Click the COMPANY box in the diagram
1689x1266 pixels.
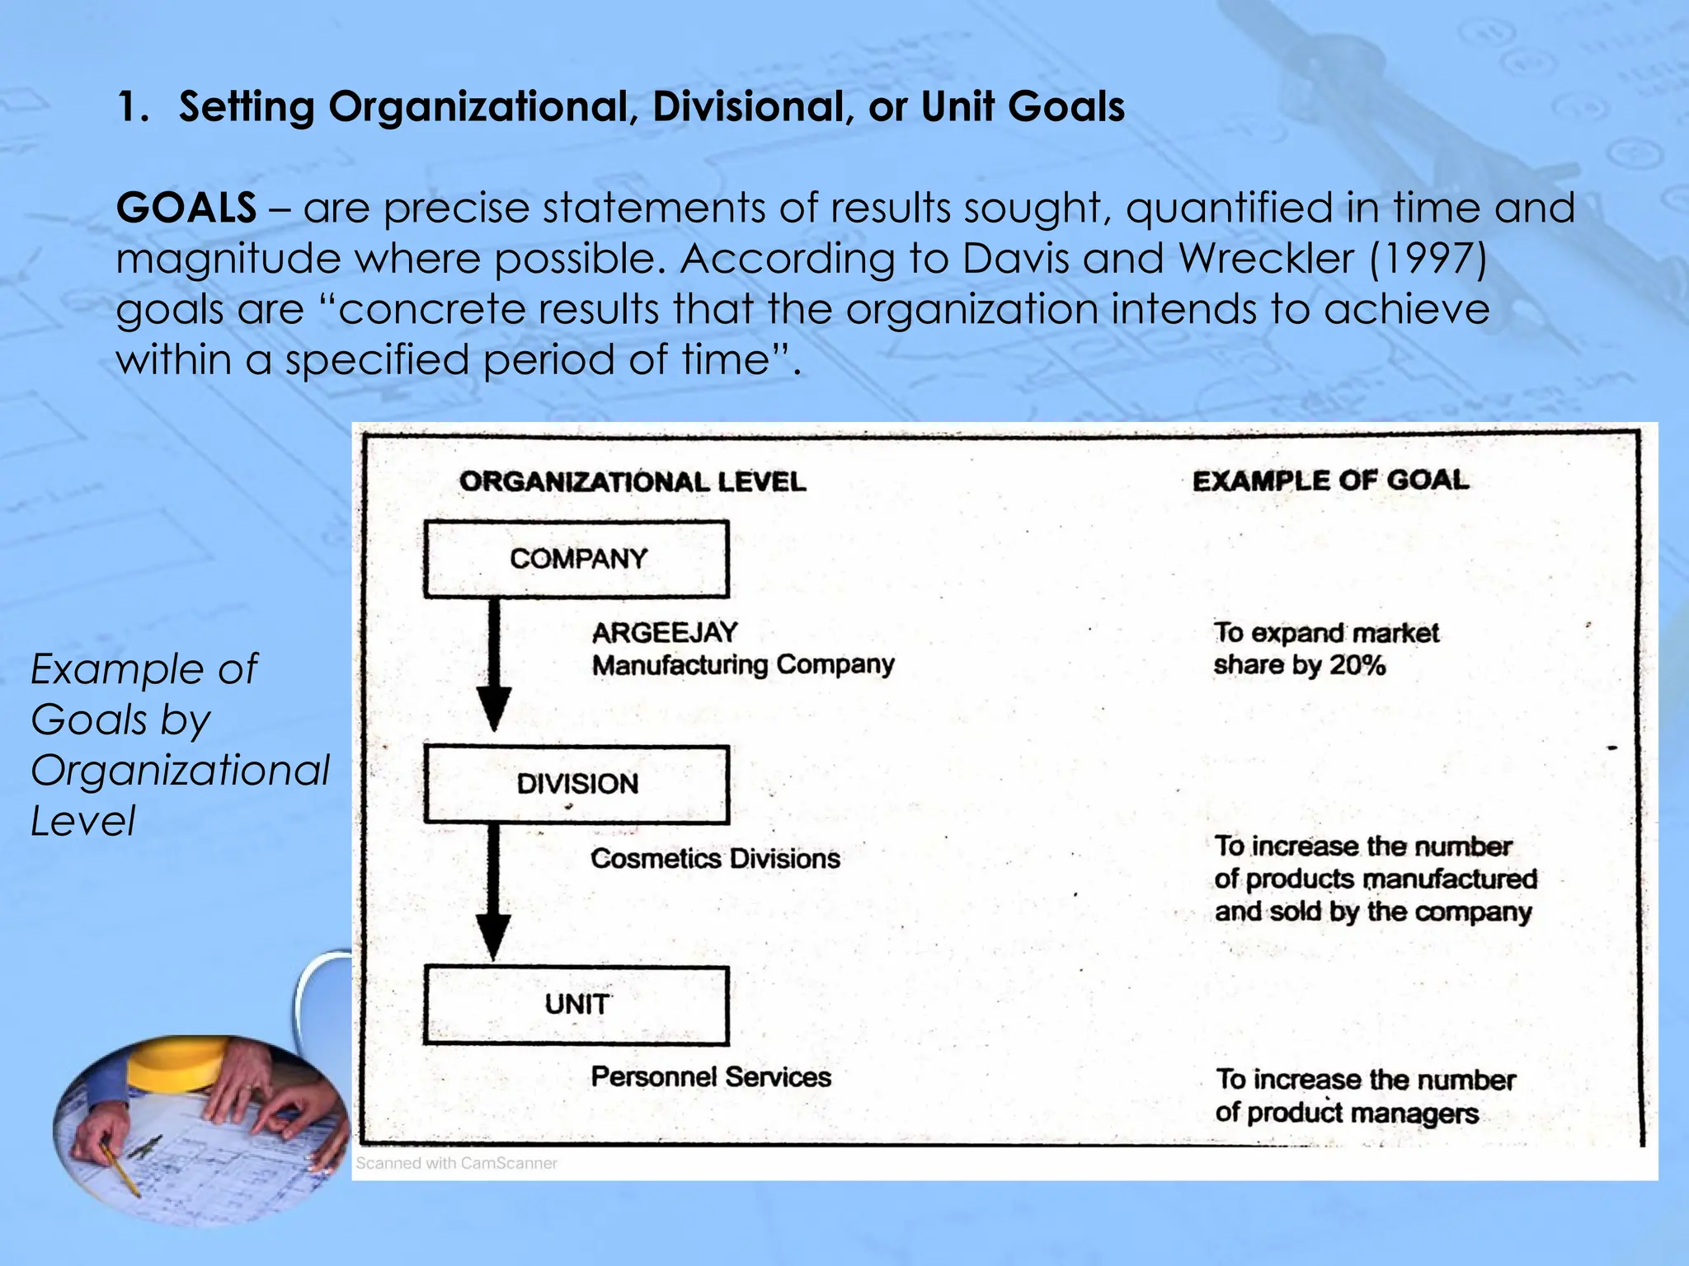576,559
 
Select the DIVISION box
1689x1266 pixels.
576,784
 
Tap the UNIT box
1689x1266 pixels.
576,1005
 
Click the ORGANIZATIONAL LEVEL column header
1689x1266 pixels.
633,482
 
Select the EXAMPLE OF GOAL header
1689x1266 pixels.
1330,481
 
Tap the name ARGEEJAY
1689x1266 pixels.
665,633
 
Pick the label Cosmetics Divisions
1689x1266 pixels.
715,859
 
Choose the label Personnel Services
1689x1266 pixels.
711,1077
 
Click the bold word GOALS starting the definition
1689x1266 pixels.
186,208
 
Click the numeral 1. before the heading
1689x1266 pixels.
132,107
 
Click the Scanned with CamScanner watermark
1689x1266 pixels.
456,1163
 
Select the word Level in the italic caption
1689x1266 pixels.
83,822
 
